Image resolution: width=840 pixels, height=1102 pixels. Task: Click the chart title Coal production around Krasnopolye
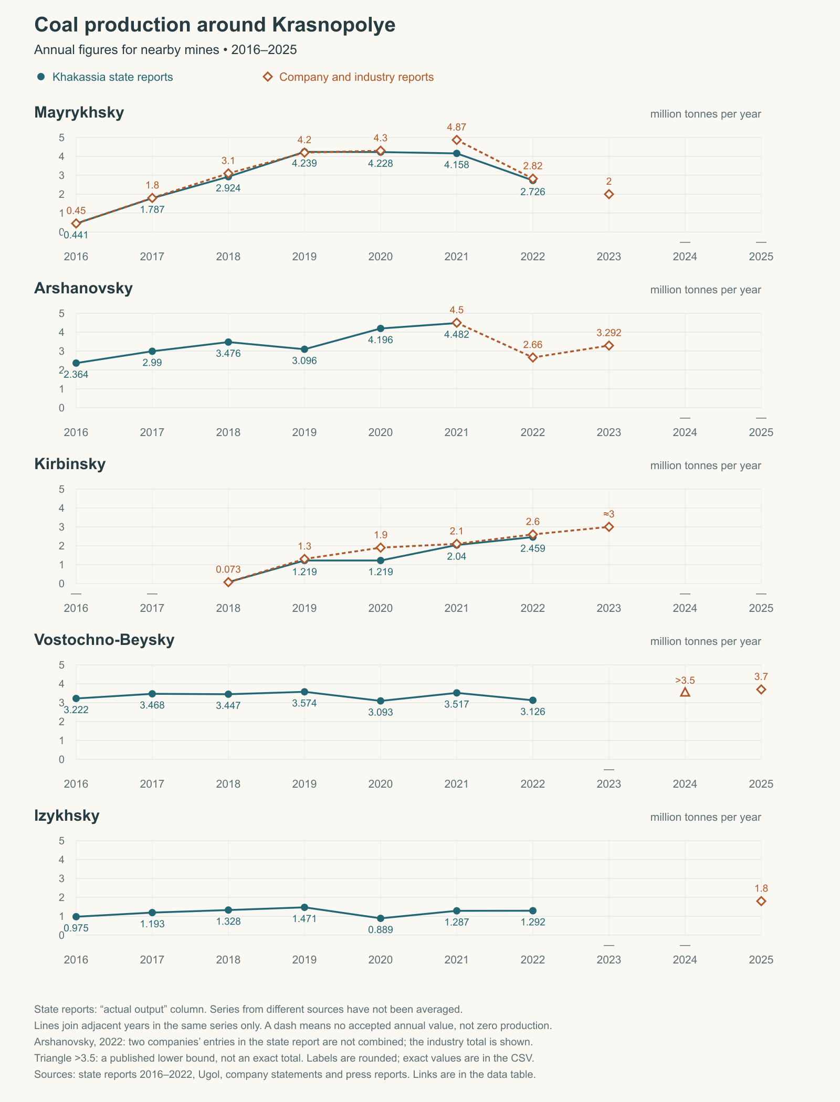pyautogui.click(x=215, y=25)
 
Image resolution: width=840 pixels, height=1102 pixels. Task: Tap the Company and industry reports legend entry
pyautogui.click(x=349, y=77)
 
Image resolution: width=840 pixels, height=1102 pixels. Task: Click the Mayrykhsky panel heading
pyautogui.click(x=79, y=112)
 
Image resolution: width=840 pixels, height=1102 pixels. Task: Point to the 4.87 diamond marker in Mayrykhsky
pyautogui.click(x=457, y=140)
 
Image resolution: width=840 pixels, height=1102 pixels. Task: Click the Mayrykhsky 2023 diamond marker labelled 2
pyautogui.click(x=609, y=194)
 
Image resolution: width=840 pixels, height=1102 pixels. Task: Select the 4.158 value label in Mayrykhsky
pyautogui.click(x=457, y=165)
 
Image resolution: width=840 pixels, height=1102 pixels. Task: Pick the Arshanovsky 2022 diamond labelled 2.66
pyautogui.click(x=533, y=358)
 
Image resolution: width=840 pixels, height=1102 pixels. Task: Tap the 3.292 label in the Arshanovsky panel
pyautogui.click(x=609, y=333)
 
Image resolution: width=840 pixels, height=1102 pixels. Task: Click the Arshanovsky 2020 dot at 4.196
pyautogui.click(x=381, y=329)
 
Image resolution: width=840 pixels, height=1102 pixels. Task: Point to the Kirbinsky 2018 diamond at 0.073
pyautogui.click(x=228, y=582)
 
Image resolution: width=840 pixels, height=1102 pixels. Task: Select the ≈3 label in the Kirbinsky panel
pyautogui.click(x=609, y=514)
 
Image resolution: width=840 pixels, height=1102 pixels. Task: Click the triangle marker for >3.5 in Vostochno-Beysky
pyautogui.click(x=685, y=692)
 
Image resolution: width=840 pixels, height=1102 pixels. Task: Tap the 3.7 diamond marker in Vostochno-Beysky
pyautogui.click(x=761, y=690)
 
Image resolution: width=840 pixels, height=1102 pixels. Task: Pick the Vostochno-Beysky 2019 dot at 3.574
pyautogui.click(x=304, y=692)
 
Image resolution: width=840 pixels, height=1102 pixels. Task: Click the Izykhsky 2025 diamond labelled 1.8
pyautogui.click(x=761, y=901)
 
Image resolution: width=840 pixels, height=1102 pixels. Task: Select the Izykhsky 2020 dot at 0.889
pyautogui.click(x=381, y=918)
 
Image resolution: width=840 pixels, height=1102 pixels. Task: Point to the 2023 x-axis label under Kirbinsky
pyautogui.click(x=609, y=608)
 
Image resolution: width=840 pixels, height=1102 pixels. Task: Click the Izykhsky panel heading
pyautogui.click(x=67, y=816)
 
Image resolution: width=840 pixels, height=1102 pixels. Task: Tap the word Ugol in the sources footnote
pyautogui.click(x=208, y=1074)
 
